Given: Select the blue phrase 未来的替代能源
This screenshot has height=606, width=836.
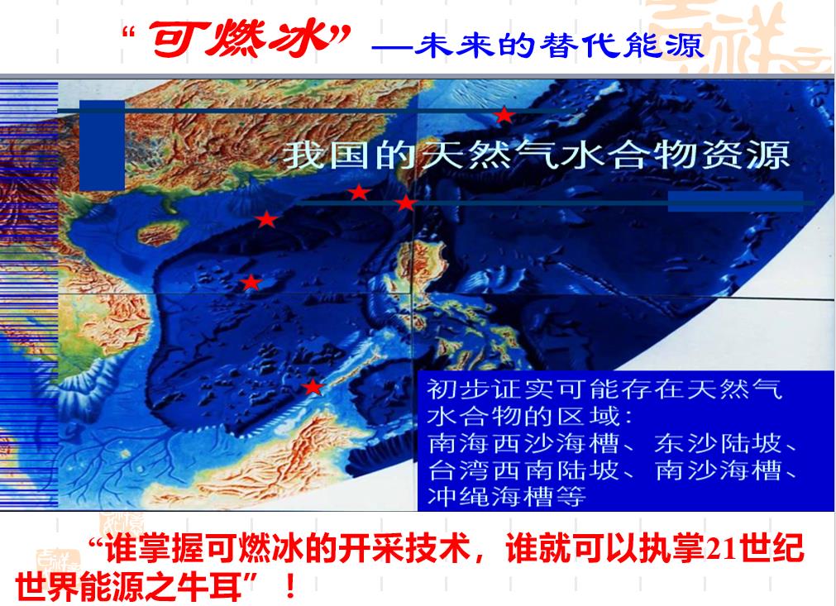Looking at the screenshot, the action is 558,45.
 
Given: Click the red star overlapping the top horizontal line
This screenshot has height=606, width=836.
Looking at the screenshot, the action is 504,115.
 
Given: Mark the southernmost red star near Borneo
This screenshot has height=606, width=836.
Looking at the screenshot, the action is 313,386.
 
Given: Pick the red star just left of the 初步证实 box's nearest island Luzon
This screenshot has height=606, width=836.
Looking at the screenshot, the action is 406,203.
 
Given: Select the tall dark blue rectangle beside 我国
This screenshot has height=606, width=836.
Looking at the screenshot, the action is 102,145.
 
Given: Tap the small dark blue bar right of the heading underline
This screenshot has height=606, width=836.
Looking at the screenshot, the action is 736,202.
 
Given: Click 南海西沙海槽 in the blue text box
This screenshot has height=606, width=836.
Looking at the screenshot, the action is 523,443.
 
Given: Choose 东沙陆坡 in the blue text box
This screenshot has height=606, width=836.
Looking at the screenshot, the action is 718,443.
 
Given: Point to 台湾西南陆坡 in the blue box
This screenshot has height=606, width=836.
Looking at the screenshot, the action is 523,470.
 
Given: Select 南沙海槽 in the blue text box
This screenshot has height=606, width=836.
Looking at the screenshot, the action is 718,470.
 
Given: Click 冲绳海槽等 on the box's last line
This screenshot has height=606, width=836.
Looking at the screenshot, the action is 507,497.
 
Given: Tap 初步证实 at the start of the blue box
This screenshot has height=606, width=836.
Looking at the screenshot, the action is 490,389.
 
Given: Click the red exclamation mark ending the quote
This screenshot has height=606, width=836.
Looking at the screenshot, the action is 290,586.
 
